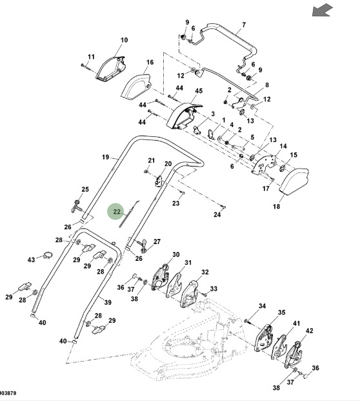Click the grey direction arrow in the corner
[x=323, y=10]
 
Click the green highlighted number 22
[x=117, y=212]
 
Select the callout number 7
[x=244, y=25]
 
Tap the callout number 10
[x=124, y=40]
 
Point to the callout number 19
[x=106, y=157]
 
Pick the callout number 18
[x=276, y=206]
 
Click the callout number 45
[x=199, y=91]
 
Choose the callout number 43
[x=31, y=260]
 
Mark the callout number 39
[x=108, y=302]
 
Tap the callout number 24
[x=217, y=214]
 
